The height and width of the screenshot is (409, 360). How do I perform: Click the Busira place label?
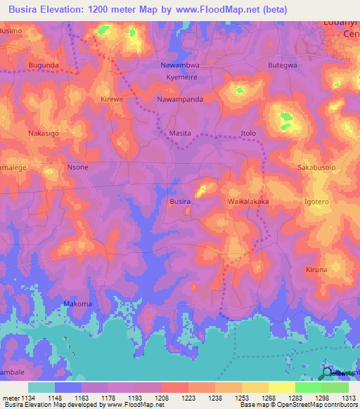[x=180, y=202]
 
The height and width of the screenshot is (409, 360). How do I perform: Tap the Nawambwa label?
[x=180, y=65]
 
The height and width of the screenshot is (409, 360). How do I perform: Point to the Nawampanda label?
[x=180, y=99]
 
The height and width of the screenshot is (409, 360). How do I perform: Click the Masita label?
[x=181, y=133]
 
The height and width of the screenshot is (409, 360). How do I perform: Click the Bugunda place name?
[x=44, y=65]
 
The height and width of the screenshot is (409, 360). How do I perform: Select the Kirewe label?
[x=112, y=99]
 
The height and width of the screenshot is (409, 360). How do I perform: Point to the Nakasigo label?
[x=44, y=133]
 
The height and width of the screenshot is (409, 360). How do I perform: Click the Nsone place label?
[x=77, y=167]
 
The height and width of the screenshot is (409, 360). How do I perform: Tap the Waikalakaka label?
[x=248, y=202]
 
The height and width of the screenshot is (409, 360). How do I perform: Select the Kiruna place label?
[x=317, y=270]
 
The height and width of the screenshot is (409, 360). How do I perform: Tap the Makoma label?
[x=77, y=304]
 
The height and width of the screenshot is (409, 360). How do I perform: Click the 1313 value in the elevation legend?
[x=349, y=398]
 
